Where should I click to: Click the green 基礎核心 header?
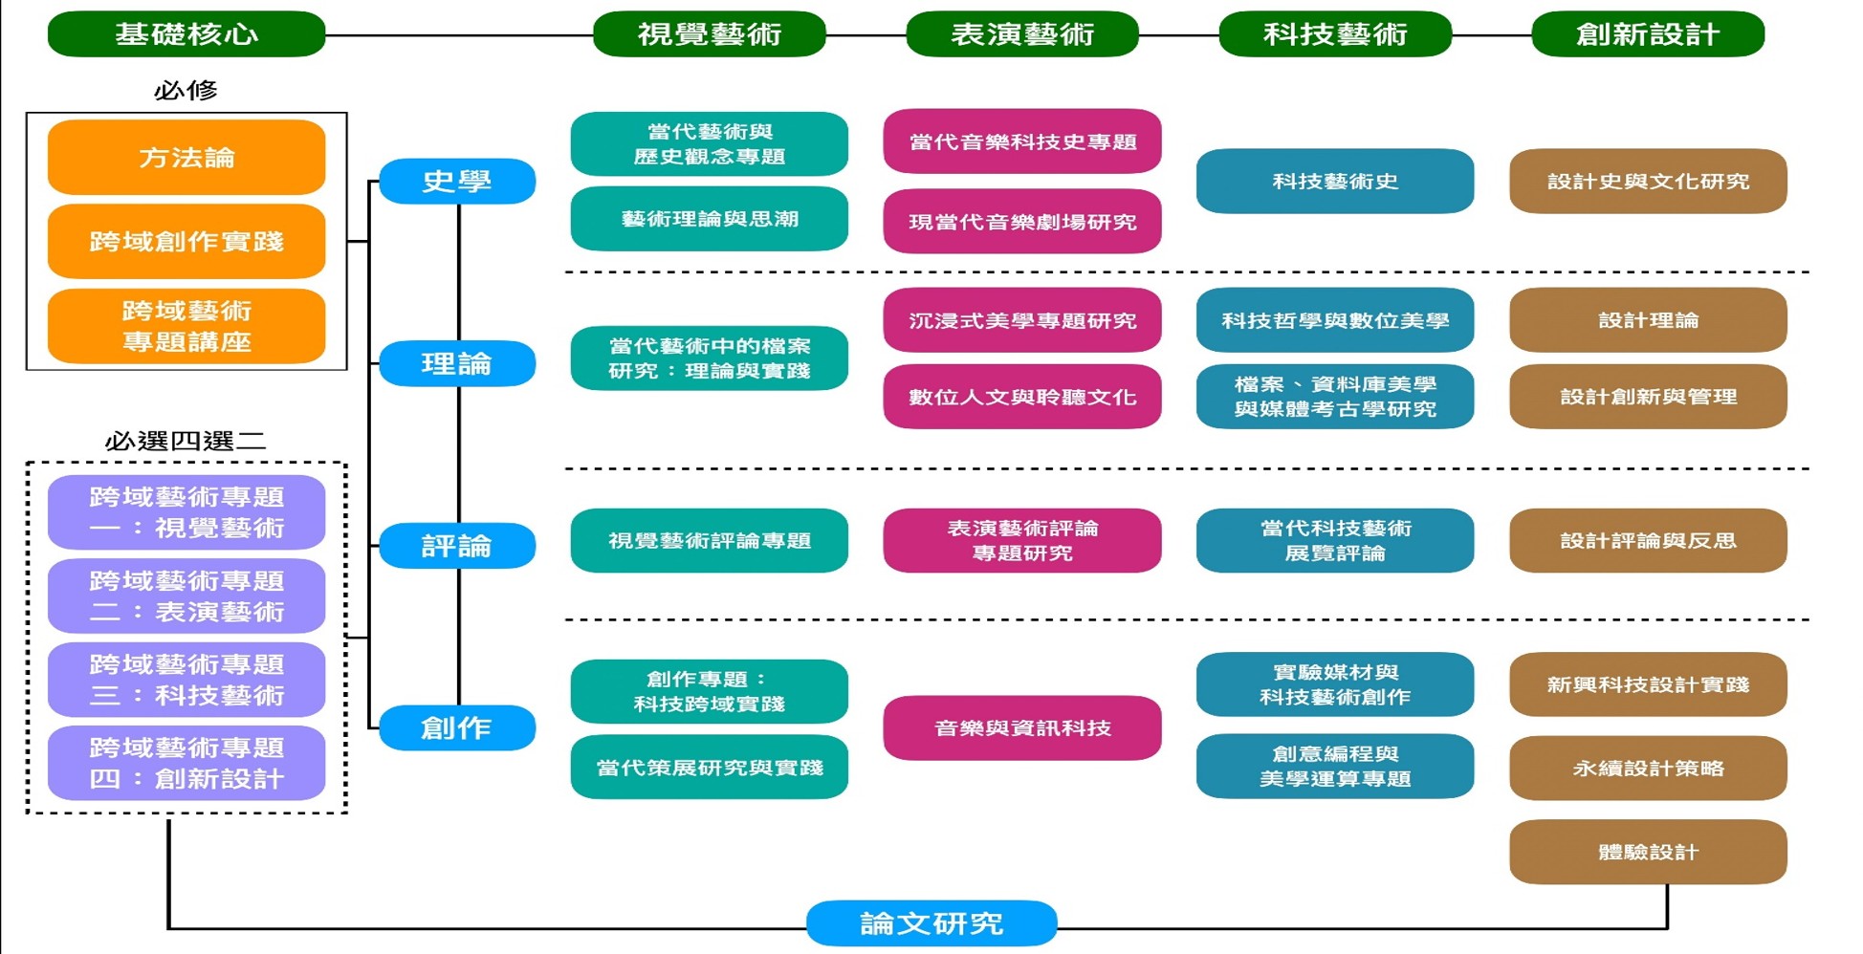pyautogui.click(x=186, y=34)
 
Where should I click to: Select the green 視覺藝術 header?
pyautogui.click(x=709, y=34)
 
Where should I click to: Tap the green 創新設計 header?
pyautogui.click(x=1647, y=34)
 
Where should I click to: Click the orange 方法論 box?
pyautogui.click(x=186, y=158)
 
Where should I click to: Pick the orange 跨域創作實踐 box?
pyautogui.click(x=186, y=241)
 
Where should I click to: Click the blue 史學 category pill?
pyautogui.click(x=457, y=182)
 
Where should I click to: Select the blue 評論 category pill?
pyautogui.click(x=457, y=546)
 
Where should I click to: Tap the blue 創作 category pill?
pyautogui.click(x=457, y=728)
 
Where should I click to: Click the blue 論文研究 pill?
pyautogui.click(x=931, y=923)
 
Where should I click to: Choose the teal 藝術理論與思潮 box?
pyautogui.click(x=709, y=219)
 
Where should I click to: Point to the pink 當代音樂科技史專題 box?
pyautogui.click(x=1021, y=141)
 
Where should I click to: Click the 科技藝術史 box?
pyautogui.click(x=1334, y=181)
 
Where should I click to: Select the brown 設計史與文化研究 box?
pyautogui.click(x=1647, y=181)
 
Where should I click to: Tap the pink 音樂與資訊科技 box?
pyautogui.click(x=1021, y=728)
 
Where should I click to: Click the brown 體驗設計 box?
pyautogui.click(x=1647, y=852)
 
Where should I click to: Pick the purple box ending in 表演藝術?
pyautogui.click(x=186, y=596)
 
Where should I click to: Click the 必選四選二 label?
pyautogui.click(x=186, y=441)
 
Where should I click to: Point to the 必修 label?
pyautogui.click(x=186, y=91)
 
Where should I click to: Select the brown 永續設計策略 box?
pyautogui.click(x=1647, y=768)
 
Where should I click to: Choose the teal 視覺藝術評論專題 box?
pyautogui.click(x=709, y=541)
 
